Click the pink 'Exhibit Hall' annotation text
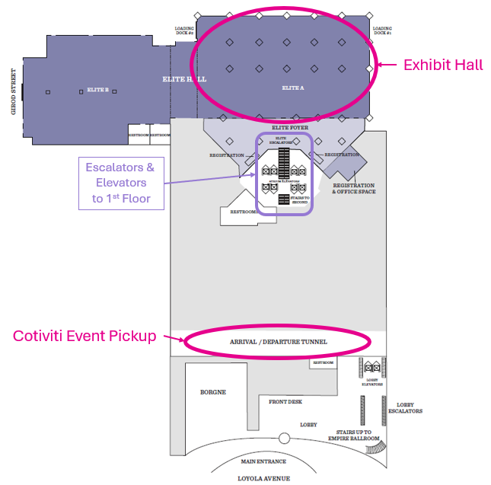click(x=443, y=65)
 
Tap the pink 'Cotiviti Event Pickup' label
click(x=84, y=336)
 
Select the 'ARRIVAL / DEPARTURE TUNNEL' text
click(x=278, y=342)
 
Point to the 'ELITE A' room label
click(x=293, y=88)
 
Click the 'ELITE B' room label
click(x=97, y=91)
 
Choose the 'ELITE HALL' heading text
click(x=184, y=79)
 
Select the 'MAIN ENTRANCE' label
click(x=263, y=461)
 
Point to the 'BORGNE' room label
click(x=213, y=392)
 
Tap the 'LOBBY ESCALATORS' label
click(x=404, y=408)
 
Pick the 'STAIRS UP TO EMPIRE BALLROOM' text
click(x=353, y=435)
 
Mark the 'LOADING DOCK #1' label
click(x=382, y=31)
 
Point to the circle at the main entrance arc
click(x=284, y=438)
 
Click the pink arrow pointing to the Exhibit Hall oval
click(x=388, y=65)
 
